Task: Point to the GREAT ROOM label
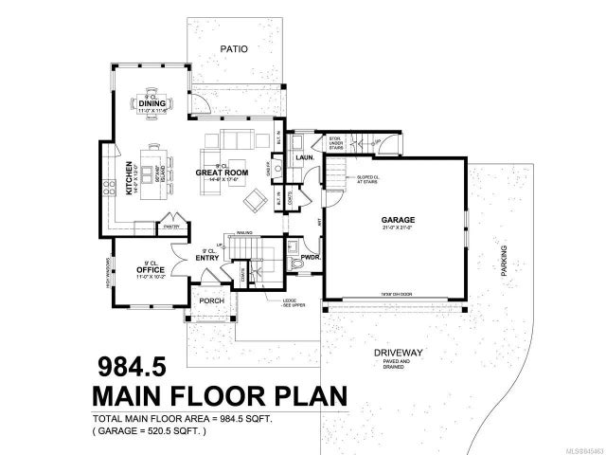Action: tap(223, 173)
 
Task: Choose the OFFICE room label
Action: tap(151, 270)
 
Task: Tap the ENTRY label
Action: tap(207, 256)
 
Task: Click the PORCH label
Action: tap(211, 303)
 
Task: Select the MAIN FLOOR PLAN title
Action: tap(218, 393)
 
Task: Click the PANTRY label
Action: tap(171, 227)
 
